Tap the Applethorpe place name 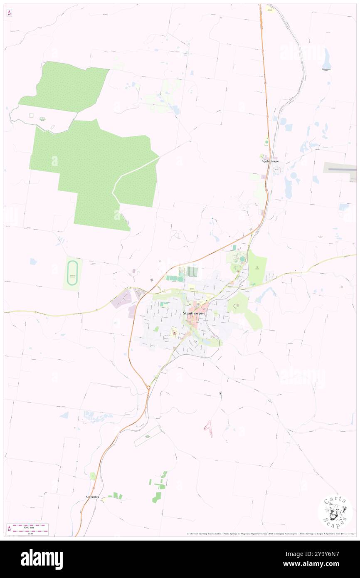(x=270, y=161)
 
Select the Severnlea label (x=94, y=496)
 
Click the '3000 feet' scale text (x=28, y=526)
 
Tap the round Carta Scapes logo (x=335, y=511)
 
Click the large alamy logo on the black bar (x=42, y=559)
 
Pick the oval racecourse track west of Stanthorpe (x=72, y=273)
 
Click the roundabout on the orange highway (x=148, y=388)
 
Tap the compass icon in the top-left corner (x=9, y=13)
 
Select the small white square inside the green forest (x=31, y=115)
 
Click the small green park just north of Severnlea (x=93, y=476)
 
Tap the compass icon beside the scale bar (x=9, y=529)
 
